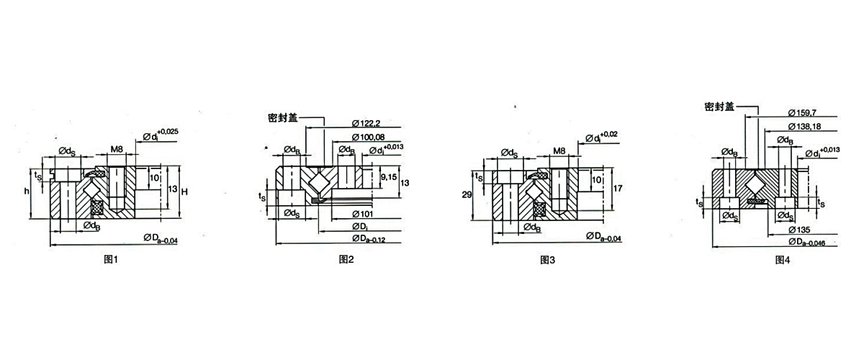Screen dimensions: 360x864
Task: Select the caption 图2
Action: coord(346,260)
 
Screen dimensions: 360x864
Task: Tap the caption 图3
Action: coord(548,260)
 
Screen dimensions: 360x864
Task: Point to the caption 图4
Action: coord(783,260)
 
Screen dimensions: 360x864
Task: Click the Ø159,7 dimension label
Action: coord(805,113)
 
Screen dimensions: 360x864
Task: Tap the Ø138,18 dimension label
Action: coord(806,127)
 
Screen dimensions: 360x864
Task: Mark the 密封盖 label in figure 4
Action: coord(719,106)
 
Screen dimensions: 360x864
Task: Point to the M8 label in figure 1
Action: coord(116,150)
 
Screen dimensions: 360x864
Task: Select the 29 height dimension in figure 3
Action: coord(466,195)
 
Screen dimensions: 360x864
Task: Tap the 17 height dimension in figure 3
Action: coord(616,190)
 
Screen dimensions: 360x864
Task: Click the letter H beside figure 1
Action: coord(184,192)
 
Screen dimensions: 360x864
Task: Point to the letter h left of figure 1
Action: coord(26,192)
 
